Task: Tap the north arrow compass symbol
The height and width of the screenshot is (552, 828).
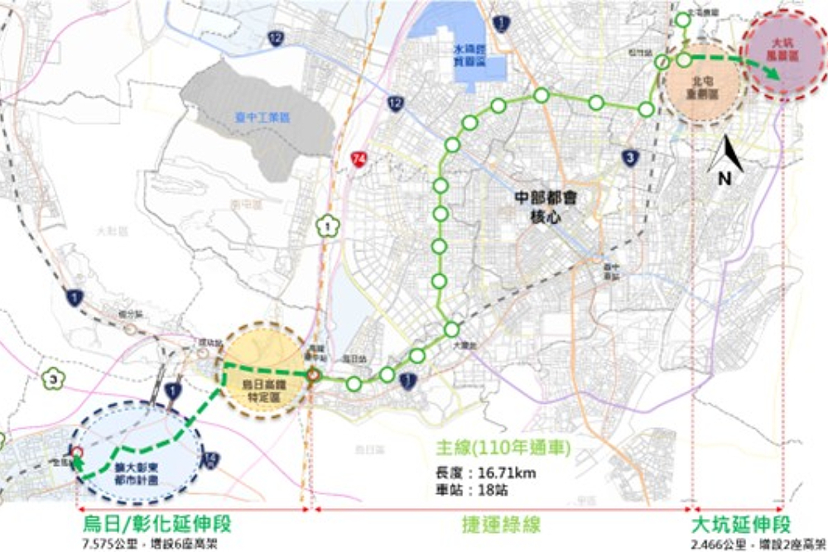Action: [727, 161]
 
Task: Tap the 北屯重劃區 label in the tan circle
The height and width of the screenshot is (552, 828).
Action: [706, 89]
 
